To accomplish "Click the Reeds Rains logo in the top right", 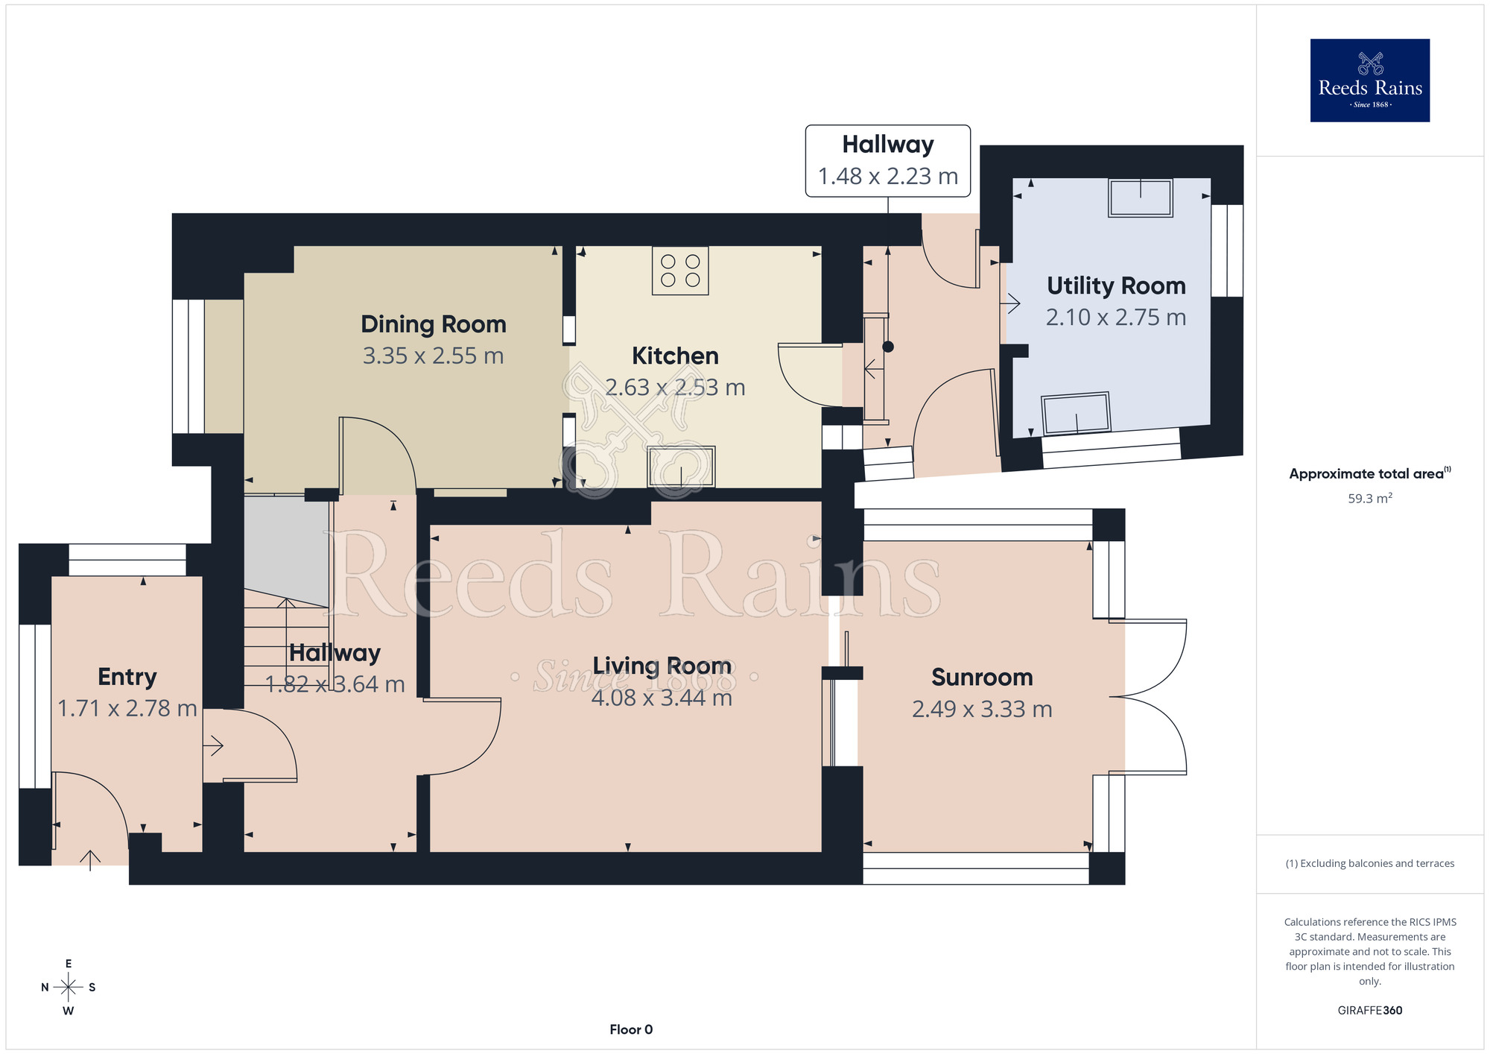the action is tap(1370, 81).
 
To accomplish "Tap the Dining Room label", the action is tap(434, 324).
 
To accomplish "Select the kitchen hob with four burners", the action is tap(680, 271).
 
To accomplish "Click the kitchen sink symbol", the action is tap(681, 467).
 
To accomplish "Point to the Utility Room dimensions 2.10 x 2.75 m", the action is tap(1116, 318).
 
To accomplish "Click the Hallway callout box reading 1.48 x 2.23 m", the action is tap(888, 161).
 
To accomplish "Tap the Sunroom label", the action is tap(983, 677).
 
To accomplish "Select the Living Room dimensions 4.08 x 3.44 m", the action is tap(662, 698).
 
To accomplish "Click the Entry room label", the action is tap(127, 677).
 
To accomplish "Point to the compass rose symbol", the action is tap(69, 988).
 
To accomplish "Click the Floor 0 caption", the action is tap(631, 1029).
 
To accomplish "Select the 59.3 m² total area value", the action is tap(1370, 498).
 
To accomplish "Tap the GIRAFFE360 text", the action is tap(1370, 1011).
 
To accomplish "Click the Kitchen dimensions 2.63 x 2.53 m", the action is tap(675, 388).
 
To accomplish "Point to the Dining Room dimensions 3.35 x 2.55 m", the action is tap(434, 356).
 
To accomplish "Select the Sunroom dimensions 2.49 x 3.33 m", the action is tap(983, 709).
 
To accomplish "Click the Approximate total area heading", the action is tap(1370, 473).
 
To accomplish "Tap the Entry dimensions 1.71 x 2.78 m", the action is tap(127, 708).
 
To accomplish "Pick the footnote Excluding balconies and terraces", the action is tap(1370, 863).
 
